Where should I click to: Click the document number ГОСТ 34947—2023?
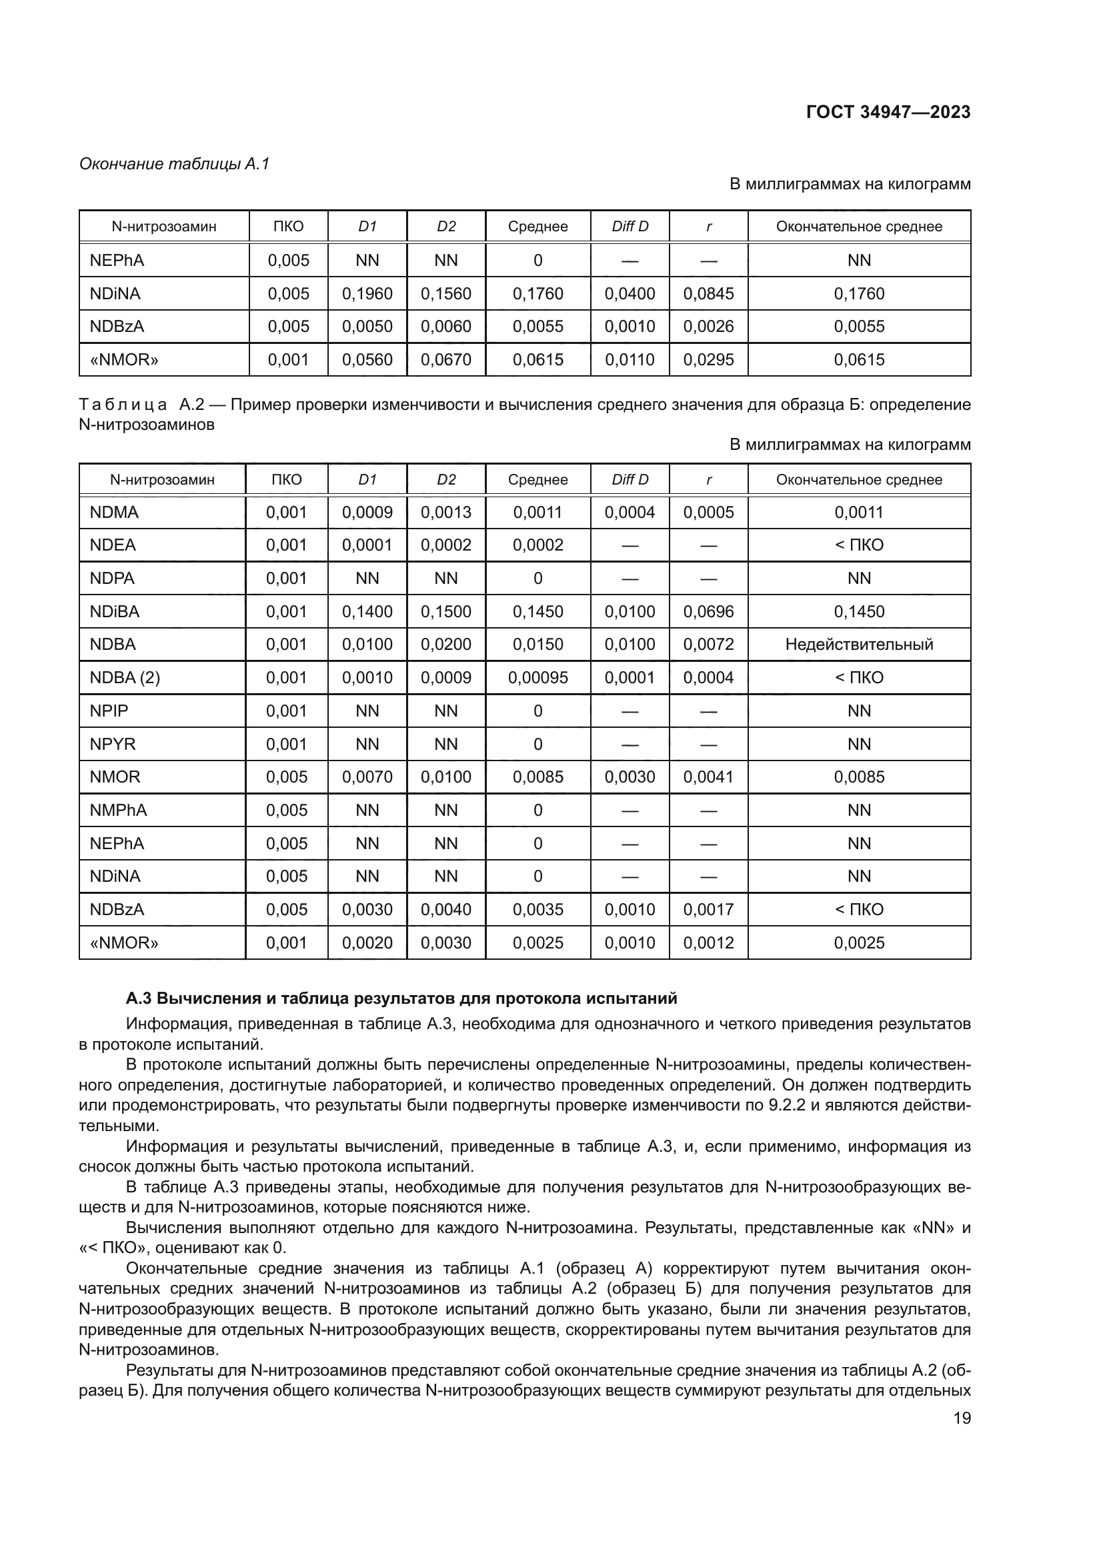coord(888,112)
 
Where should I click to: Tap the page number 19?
coord(962,1418)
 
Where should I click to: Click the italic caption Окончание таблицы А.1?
coord(175,164)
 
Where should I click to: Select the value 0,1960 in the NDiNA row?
coord(367,293)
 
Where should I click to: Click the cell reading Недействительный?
coord(858,645)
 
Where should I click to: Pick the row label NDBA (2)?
coord(124,678)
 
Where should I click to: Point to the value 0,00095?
coord(537,678)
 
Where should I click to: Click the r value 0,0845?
coord(708,293)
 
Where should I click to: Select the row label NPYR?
coord(113,745)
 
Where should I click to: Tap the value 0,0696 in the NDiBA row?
coord(708,611)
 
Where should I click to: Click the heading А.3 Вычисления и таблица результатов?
coord(401,998)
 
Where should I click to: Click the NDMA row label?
coord(114,512)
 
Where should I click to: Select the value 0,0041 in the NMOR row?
coord(708,777)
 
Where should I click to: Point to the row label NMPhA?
coord(118,810)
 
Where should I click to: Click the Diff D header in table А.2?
coord(630,479)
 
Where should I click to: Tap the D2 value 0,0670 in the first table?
coord(445,359)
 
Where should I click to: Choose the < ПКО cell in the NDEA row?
coord(858,545)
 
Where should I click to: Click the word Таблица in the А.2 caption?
coord(123,405)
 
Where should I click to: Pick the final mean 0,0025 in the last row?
coord(858,942)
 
